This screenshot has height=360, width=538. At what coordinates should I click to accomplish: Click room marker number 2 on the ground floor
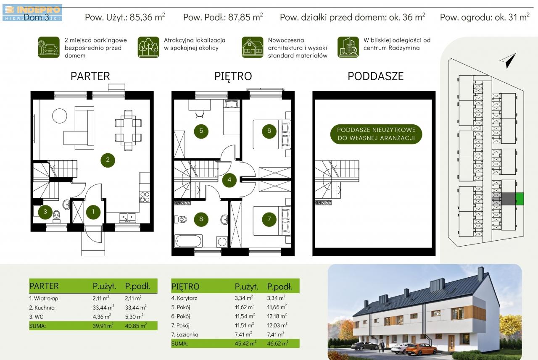click(108, 160)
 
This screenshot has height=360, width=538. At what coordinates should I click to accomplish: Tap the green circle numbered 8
click(201, 219)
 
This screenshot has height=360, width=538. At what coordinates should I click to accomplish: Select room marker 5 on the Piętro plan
click(201, 131)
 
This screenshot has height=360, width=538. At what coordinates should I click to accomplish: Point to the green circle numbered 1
click(93, 212)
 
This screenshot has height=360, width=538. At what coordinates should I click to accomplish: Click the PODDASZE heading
click(375, 76)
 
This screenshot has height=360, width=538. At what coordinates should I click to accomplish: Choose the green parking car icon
click(49, 47)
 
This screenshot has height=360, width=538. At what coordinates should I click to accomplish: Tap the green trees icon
click(148, 47)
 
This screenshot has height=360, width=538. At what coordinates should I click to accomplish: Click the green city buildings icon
click(348, 47)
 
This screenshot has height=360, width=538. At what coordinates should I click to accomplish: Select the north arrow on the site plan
click(509, 60)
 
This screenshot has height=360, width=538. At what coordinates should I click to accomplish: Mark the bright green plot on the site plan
click(520, 199)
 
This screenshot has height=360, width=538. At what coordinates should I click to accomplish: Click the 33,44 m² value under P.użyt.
click(103, 307)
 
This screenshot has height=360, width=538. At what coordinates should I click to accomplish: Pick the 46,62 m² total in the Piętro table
click(278, 344)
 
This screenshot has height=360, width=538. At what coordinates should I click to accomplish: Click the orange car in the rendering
click(421, 349)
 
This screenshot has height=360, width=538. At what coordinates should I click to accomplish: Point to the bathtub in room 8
click(188, 241)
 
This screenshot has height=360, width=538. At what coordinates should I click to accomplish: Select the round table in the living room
click(60, 116)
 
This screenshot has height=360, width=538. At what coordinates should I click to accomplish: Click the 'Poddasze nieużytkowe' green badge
click(376, 134)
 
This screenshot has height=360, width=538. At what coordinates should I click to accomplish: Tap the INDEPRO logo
click(32, 13)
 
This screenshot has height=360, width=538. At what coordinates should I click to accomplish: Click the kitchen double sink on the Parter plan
click(127, 218)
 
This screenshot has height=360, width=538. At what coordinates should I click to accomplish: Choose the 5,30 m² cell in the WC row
click(134, 317)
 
